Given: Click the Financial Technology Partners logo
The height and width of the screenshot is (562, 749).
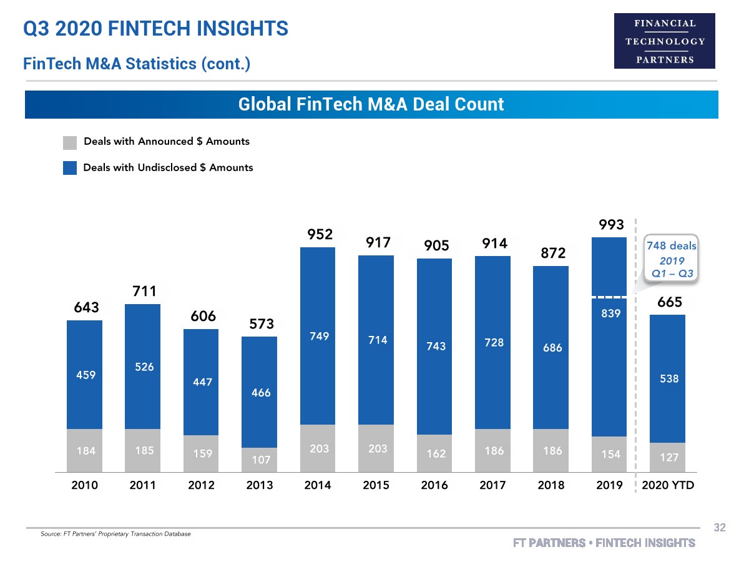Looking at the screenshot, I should point(665,41).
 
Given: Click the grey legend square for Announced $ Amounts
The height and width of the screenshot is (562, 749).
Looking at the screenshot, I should point(70,142).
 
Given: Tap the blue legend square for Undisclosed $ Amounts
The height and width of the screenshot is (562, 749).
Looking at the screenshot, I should point(70,168).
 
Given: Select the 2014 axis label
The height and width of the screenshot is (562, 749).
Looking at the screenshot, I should point(317,485).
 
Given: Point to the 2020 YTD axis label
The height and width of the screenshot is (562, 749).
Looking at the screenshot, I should point(668,485).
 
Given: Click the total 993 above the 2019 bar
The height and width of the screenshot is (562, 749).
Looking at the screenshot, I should point(612,224).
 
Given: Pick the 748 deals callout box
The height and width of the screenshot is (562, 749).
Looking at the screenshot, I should point(671,259).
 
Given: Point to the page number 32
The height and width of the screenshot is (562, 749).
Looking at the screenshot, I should point(720,528).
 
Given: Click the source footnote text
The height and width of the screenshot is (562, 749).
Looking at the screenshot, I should point(115,534).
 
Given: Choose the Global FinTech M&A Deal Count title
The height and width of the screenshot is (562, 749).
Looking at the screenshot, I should point(371,104).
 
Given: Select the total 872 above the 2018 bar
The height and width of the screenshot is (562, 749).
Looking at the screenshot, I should point(553,254).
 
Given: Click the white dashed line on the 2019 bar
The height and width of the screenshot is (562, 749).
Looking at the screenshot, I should point(609,297).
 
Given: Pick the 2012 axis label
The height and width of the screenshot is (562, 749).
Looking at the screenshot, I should point(201,485).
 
